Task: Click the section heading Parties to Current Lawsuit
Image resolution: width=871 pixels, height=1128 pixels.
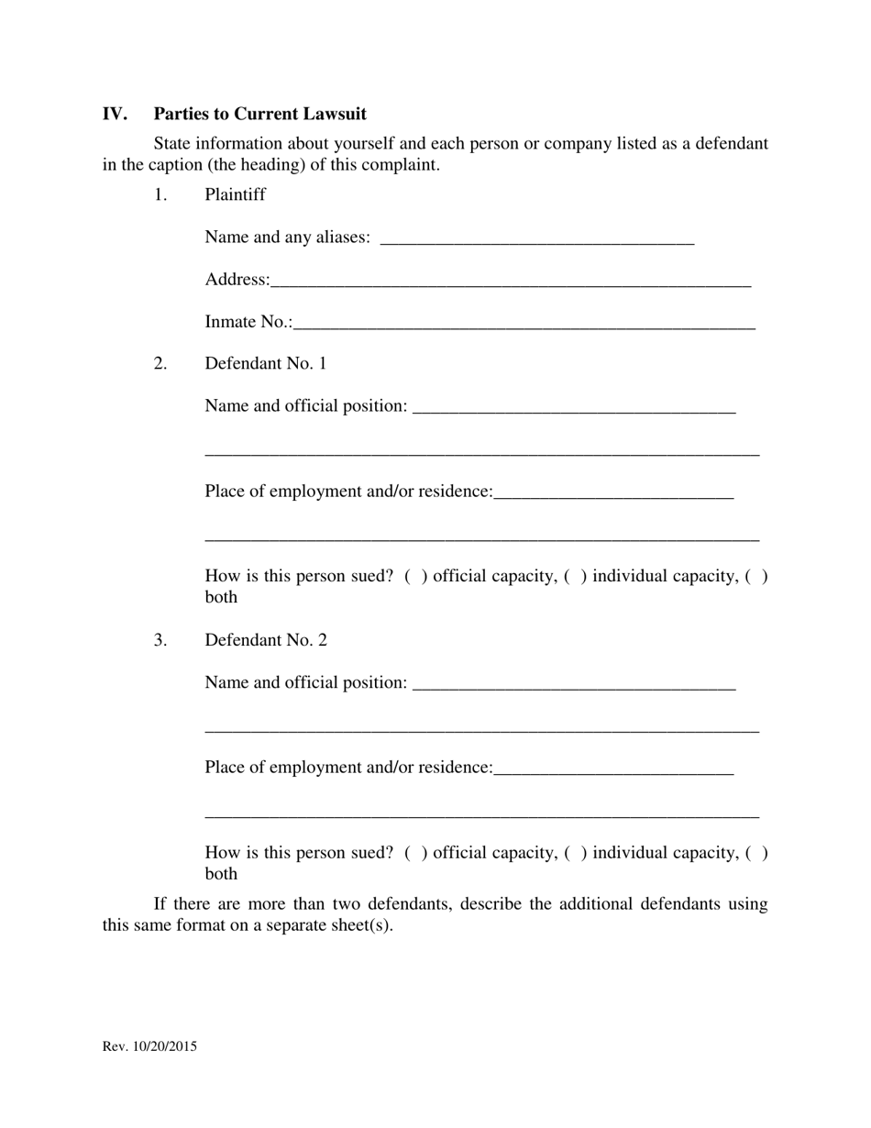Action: click(259, 114)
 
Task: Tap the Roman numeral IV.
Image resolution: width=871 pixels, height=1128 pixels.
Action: click(115, 114)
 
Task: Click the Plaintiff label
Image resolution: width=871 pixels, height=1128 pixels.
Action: click(235, 194)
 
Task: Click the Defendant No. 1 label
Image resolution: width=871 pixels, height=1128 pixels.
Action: click(266, 363)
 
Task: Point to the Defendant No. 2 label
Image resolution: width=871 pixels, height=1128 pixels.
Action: click(266, 640)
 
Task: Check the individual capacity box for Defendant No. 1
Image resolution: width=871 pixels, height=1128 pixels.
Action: click(576, 577)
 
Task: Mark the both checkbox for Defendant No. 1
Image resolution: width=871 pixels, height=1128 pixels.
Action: click(756, 577)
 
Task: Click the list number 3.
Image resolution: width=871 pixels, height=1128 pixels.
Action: click(160, 640)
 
